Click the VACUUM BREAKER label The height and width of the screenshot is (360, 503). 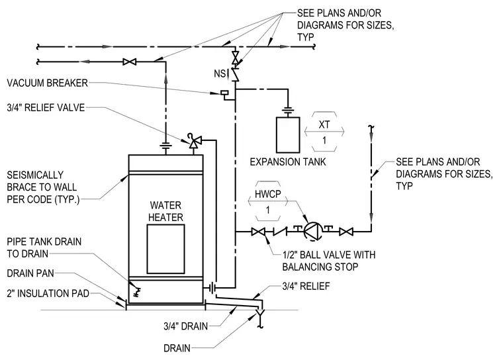(x=47, y=83)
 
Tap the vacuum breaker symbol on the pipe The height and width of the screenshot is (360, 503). (x=224, y=93)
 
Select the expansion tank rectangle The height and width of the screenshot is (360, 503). (x=288, y=135)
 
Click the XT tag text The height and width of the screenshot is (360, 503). (x=324, y=124)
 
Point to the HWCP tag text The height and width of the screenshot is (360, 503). (x=267, y=194)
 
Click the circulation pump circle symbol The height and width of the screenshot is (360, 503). (x=312, y=231)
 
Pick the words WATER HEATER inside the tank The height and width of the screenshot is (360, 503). (x=165, y=211)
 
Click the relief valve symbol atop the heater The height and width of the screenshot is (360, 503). (x=194, y=140)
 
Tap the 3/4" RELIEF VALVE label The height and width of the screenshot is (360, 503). (x=46, y=107)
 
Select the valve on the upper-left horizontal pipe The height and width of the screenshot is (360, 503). (x=130, y=62)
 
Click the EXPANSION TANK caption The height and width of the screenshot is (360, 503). (x=288, y=161)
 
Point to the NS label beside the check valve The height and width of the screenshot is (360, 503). (x=220, y=74)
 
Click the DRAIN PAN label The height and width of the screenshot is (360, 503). (x=30, y=273)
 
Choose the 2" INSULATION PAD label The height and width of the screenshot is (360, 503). (x=48, y=293)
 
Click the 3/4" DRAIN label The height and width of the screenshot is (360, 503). (x=186, y=326)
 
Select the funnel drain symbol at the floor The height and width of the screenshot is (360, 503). (x=260, y=316)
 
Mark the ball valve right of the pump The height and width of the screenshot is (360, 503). (x=346, y=232)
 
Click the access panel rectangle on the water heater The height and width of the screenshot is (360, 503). (x=166, y=249)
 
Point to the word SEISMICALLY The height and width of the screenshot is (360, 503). (x=35, y=175)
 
